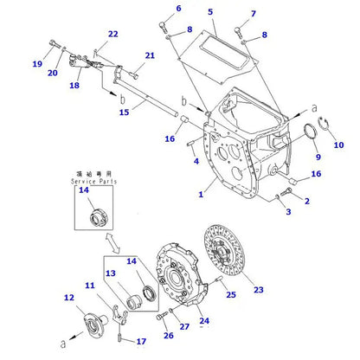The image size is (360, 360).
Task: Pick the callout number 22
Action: pos(112,35)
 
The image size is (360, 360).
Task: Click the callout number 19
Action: pos(37,64)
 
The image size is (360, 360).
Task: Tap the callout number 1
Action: pos(200,196)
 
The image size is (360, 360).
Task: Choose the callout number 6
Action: pos(178,9)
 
